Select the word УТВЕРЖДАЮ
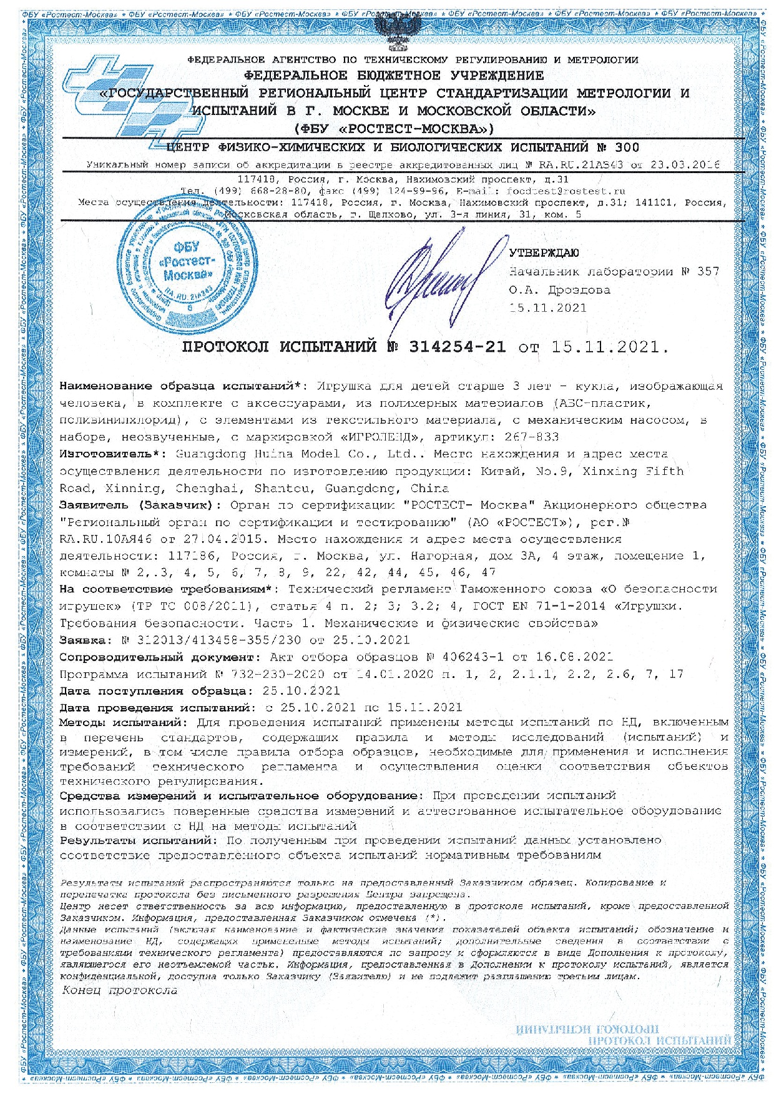[544, 253]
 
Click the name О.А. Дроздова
[559, 290]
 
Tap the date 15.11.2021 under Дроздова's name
[547, 307]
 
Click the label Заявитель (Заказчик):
[140, 505]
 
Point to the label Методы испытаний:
[124, 723]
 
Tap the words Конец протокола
[120, 990]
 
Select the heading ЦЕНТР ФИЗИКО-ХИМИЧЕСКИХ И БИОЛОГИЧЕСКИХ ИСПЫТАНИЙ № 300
[403, 147]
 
